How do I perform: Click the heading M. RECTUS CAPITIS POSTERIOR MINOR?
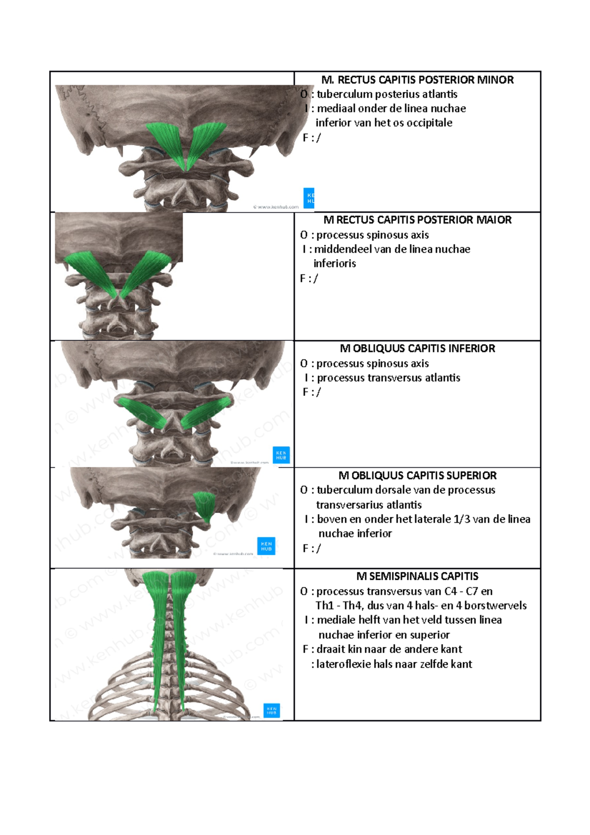click(417, 80)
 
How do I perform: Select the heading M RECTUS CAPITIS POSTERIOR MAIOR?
click(417, 220)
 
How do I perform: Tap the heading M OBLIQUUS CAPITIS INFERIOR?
click(417, 349)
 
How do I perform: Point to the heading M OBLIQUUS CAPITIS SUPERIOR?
click(417, 476)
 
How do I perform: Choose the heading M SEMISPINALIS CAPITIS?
click(417, 576)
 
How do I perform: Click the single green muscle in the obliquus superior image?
click(205, 506)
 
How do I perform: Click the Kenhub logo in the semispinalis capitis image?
click(271, 711)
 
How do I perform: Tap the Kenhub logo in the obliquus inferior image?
click(281, 455)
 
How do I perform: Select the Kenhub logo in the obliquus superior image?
click(266, 546)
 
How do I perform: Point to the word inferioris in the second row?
click(335, 264)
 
